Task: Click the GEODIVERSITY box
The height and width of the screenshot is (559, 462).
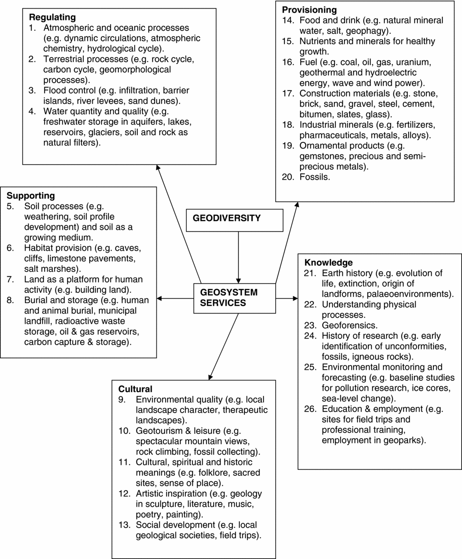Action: click(234, 220)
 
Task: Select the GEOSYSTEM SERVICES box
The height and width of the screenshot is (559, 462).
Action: click(234, 298)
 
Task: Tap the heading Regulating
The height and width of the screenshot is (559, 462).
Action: click(52, 17)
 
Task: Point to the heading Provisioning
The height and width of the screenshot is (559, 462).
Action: click(309, 10)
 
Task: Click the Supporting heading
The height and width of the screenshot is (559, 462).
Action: click(31, 196)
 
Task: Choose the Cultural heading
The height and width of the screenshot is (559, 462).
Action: click(135, 389)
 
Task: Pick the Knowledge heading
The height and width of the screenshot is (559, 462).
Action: click(328, 262)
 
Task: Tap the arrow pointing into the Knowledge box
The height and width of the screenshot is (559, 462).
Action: click(287, 298)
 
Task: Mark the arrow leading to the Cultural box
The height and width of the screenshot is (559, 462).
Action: click(224, 346)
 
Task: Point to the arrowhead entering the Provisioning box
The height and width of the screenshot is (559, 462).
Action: click(297, 205)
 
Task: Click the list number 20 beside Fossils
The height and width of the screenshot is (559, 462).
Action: click(288, 177)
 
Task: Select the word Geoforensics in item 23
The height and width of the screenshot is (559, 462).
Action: click(349, 325)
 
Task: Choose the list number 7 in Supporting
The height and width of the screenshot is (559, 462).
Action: click(10, 279)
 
